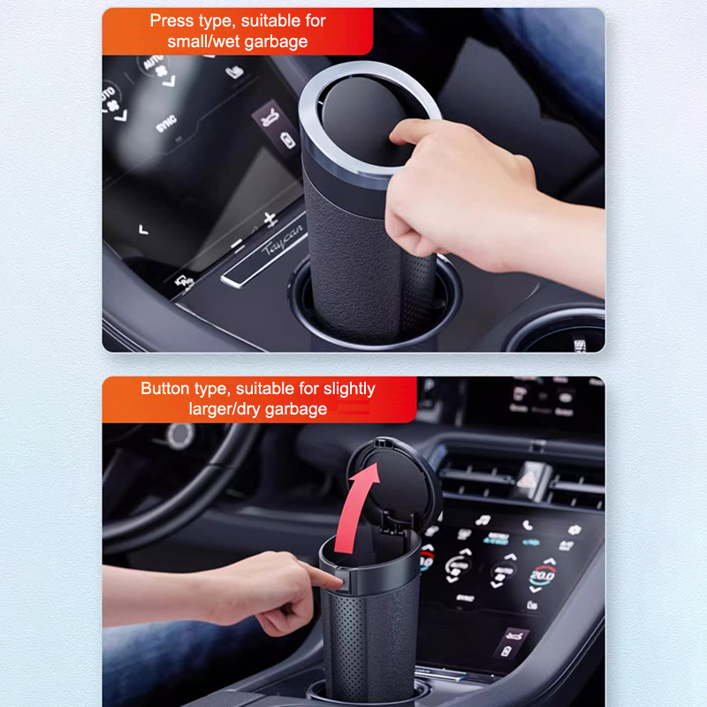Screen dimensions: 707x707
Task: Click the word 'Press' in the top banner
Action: pos(172,21)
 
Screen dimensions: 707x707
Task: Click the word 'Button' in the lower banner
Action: pos(164,388)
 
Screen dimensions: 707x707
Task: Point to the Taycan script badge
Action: pos(283,239)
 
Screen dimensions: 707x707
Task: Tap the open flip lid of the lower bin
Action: pos(393,483)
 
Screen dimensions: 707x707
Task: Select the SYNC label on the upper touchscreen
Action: pos(166,123)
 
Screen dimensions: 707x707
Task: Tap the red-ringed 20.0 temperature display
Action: pos(542,576)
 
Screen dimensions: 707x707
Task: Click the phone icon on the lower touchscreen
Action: pos(527,525)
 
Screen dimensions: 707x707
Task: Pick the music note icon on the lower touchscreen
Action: pos(483,521)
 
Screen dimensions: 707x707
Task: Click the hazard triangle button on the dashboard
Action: pos(528,481)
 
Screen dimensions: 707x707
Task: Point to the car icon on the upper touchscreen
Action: pos(270,118)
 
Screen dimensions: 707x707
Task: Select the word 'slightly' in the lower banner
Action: pos(349,389)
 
